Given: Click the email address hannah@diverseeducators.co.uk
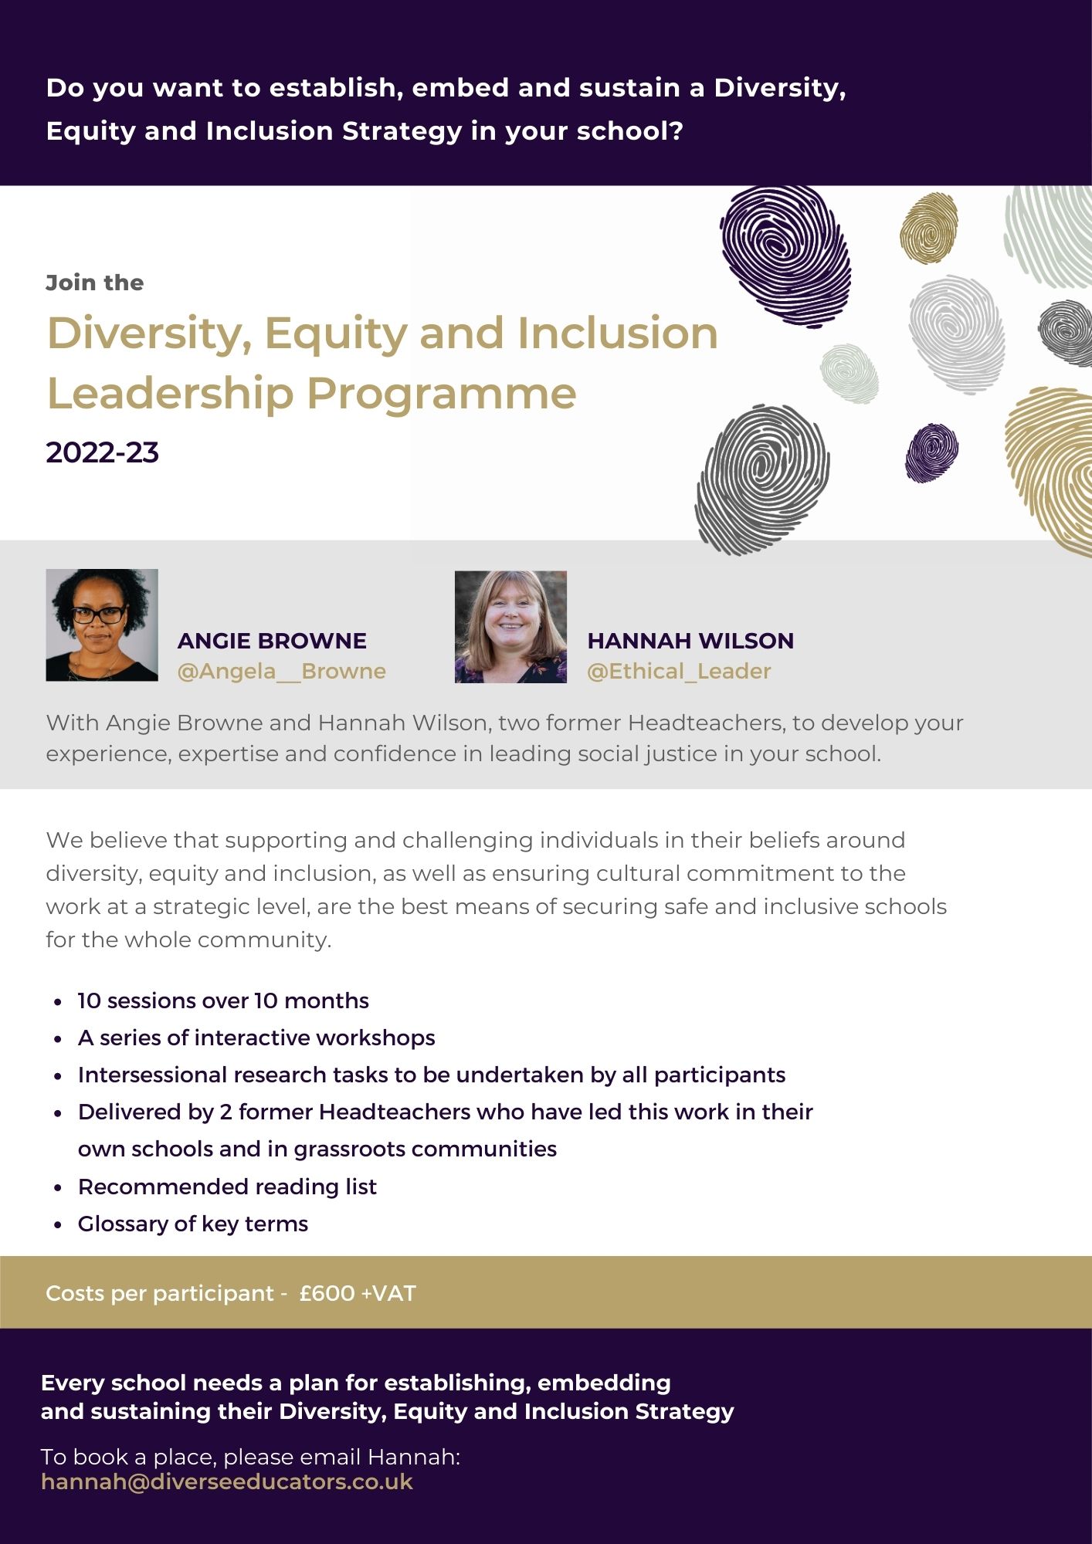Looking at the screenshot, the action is click(227, 1482).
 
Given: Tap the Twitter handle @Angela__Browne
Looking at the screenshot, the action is click(282, 671).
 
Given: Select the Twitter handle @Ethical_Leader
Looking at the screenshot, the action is click(679, 671).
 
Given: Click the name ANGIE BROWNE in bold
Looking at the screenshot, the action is click(272, 641).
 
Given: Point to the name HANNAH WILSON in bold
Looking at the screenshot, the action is click(690, 641).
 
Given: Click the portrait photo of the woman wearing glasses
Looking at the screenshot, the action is click(102, 625).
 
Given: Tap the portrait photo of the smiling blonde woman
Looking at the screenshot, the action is click(510, 627).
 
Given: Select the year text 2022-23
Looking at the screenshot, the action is click(103, 452).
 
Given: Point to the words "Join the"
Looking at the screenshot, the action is click(95, 283).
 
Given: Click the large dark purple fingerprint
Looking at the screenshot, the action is click(785, 256).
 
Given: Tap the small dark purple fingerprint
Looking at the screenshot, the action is click(931, 452).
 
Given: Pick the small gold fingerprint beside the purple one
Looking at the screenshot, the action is click(929, 228).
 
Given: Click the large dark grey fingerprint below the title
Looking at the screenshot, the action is click(762, 479).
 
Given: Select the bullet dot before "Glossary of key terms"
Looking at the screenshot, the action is click(58, 1225).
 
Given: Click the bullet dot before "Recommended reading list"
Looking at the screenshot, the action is click(58, 1188).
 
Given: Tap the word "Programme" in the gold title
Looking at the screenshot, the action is click(442, 395).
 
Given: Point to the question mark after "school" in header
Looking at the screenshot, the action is click(677, 131).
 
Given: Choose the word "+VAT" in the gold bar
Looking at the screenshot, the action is click(388, 1293).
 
